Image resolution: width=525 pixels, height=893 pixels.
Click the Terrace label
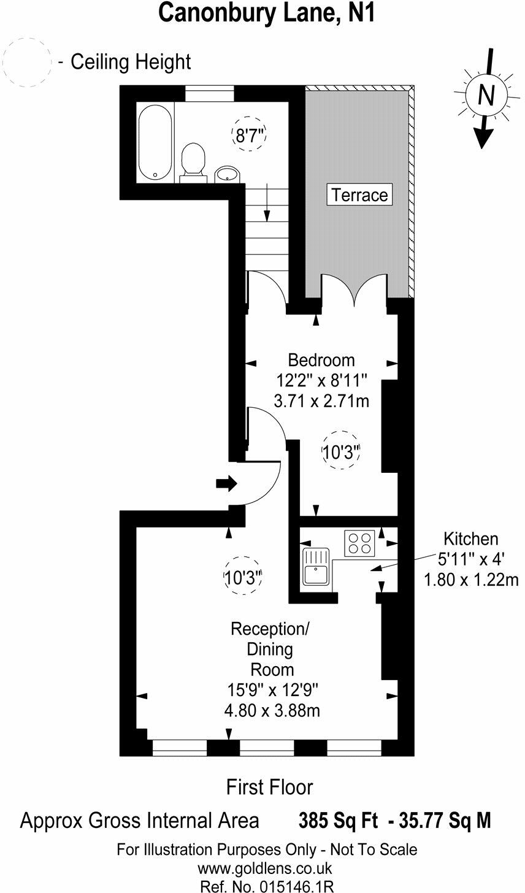point(359,195)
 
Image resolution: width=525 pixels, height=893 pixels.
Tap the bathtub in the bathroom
point(156,142)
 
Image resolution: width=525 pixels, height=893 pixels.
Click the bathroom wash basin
point(228,174)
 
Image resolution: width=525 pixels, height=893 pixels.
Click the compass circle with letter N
point(486,96)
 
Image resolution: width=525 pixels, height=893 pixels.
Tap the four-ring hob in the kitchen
point(360,542)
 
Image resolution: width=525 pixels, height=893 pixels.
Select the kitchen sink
point(316,566)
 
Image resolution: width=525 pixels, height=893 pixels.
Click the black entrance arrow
point(226,483)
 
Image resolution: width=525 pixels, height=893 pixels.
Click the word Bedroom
point(321,359)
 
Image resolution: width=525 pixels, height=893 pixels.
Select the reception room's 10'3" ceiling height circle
point(242,576)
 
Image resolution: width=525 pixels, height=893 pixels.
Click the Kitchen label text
point(471,539)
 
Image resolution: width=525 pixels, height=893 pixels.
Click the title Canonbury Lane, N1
point(266,13)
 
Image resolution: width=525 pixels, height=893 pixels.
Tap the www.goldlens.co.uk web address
point(264,868)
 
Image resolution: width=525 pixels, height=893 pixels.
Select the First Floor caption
point(269,787)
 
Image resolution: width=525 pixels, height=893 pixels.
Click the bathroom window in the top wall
point(210,93)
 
